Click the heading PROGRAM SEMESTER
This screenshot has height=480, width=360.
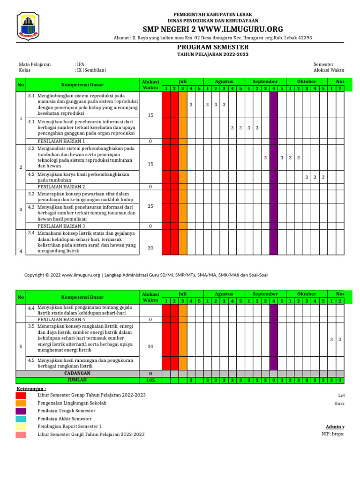pos(212,47)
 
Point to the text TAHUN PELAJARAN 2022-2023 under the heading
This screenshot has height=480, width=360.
pos(212,55)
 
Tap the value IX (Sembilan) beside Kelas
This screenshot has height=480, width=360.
pos(91,70)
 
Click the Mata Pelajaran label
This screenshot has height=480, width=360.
pos(35,64)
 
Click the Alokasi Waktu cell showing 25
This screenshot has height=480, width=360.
pos(150,206)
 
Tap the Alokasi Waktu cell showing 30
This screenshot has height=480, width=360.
pos(150,347)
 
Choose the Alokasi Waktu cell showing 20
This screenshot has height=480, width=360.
pos(150,248)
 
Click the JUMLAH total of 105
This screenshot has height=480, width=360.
pos(150,381)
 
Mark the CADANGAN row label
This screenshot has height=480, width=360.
pos(77,374)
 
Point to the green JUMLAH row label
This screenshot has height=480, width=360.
pos(77,380)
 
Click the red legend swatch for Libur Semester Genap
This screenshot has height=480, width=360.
pos(21,396)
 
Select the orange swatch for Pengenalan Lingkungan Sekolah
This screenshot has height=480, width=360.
pos(21,403)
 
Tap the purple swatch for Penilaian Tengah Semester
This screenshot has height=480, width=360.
pos(21,411)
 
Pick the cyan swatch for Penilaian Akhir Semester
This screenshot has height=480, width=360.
pos(21,419)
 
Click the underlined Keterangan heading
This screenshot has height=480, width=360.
pos(31,389)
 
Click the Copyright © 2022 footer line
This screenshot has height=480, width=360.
pos(146,275)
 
